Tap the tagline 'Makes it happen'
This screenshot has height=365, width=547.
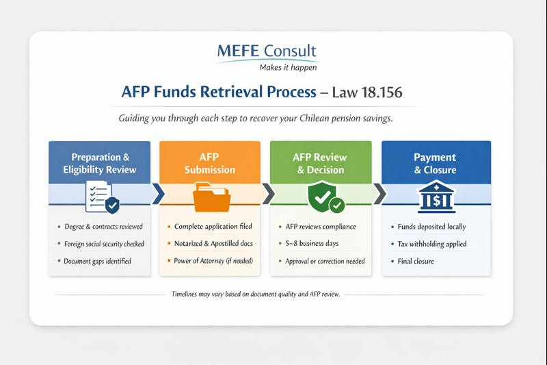(x=287, y=67)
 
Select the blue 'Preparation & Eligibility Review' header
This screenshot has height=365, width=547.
(x=99, y=163)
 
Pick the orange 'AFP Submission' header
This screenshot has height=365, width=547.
(x=210, y=163)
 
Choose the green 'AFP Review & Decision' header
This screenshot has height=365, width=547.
(x=321, y=163)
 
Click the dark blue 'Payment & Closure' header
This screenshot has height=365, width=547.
(x=435, y=163)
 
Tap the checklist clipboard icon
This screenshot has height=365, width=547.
(x=100, y=196)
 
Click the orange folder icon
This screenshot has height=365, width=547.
(x=210, y=197)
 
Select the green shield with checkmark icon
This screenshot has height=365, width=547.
(x=320, y=196)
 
